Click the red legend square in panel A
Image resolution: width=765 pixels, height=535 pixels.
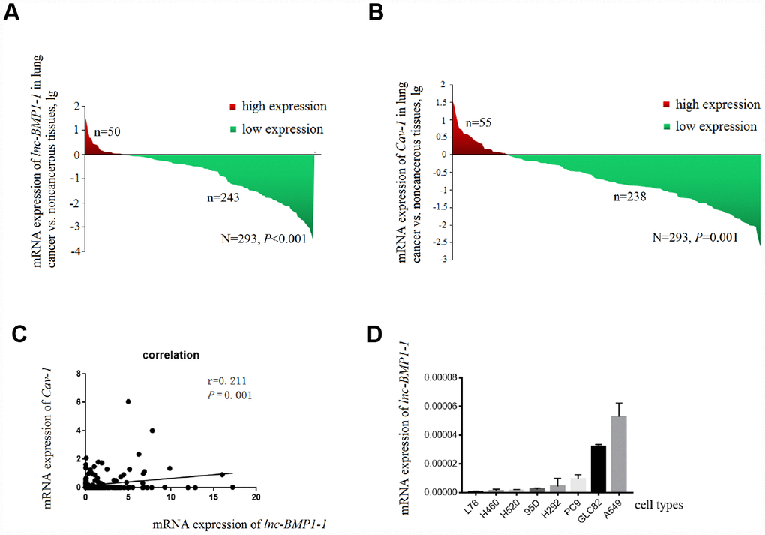point(232,108)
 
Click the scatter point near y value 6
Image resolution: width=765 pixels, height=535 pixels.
point(128,401)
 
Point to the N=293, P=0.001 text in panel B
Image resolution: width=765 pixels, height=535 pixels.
point(683,238)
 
